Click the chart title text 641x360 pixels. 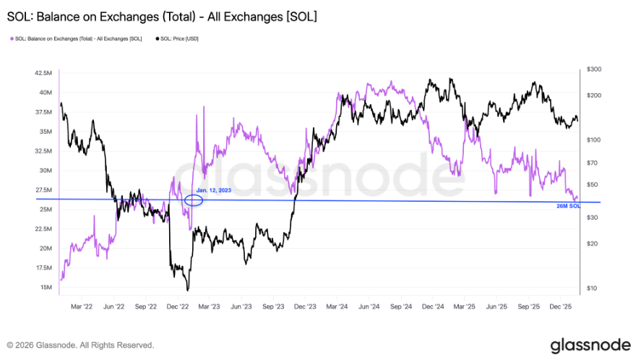[162, 16]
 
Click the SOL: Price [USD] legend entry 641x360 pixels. [177, 38]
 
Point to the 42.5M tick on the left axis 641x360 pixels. [42, 73]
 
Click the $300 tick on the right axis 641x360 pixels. [594, 69]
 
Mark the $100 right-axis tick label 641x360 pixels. [594, 139]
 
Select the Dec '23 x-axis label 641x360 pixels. [305, 306]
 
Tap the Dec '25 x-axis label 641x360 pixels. [562, 306]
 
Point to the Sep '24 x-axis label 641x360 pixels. [401, 306]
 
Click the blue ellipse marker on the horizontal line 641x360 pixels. [193, 200]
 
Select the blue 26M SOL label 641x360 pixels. [569, 206]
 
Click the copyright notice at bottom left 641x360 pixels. [80, 345]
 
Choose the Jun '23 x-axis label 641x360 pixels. [241, 306]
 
